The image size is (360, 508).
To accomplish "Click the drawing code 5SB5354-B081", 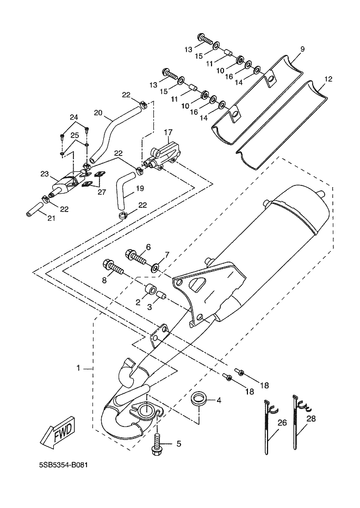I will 63,466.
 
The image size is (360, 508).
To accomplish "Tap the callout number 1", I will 78,368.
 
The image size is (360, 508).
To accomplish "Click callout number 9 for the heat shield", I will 302,49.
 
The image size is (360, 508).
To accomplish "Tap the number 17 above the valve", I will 167,132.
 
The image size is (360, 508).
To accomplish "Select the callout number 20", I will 98,113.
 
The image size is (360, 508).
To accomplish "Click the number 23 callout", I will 45,174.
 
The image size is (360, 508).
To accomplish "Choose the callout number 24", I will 74,117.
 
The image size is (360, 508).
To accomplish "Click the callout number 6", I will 147,246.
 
